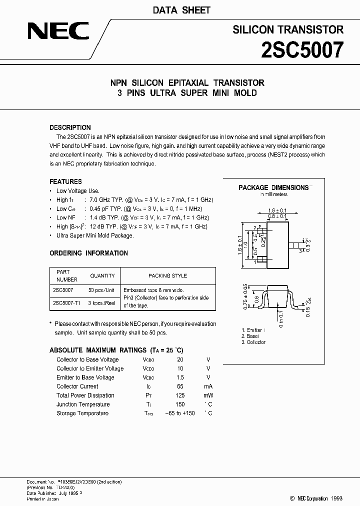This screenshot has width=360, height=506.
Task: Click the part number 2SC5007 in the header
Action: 302,50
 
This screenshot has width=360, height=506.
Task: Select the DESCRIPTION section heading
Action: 70,127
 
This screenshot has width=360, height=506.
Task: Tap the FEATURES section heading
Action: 65,181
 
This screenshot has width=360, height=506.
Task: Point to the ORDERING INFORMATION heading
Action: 88,253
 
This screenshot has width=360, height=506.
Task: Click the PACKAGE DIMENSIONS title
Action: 273,187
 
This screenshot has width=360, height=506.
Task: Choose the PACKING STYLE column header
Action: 167,275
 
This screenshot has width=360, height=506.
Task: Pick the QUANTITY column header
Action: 102,275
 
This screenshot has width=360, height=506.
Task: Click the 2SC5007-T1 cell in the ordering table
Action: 66,303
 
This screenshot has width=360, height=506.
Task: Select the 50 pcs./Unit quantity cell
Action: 102,289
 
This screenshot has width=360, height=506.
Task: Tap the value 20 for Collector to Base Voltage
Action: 180,359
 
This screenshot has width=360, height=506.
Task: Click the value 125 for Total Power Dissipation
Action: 180,395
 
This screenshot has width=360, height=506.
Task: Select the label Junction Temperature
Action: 83,404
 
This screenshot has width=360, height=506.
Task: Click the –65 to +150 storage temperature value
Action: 180,413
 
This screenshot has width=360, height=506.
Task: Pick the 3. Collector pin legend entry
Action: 253,342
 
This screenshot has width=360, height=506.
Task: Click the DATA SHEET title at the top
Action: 180,10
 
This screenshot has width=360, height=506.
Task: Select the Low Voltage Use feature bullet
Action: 78,190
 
